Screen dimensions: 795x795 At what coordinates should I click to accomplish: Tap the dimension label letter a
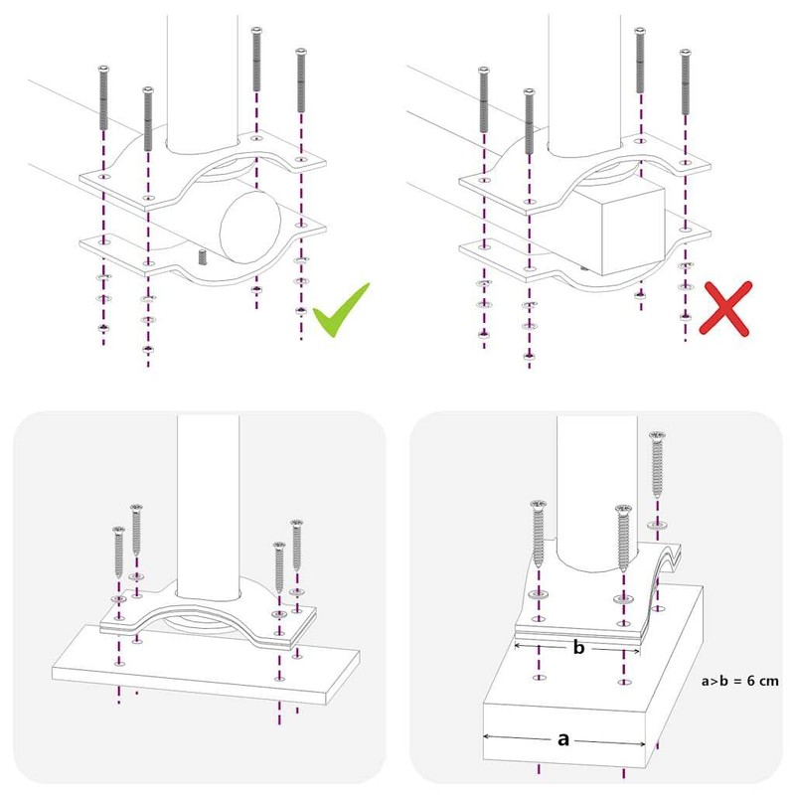(563, 738)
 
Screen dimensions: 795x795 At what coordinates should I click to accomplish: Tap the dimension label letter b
(578, 648)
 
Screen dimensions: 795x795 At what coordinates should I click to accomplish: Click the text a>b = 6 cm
(739, 682)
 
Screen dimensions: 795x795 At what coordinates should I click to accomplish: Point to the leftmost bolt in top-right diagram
(483, 99)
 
